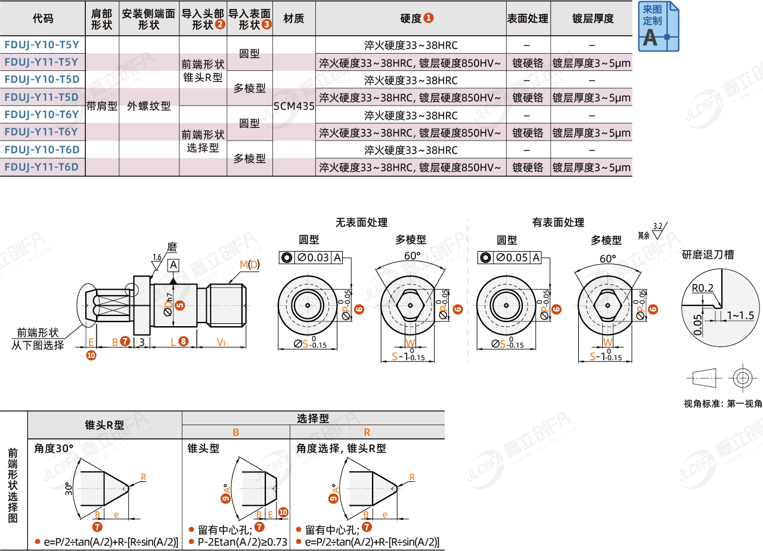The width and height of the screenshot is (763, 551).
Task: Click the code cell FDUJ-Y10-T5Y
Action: point(42,45)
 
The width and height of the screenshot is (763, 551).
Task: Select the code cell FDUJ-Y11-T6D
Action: point(42,167)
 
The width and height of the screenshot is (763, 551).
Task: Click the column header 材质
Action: point(294,18)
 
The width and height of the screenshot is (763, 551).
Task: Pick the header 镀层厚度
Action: point(592,18)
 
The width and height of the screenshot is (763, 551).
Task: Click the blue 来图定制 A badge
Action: point(658,26)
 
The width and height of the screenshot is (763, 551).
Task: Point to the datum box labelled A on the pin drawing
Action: point(173,265)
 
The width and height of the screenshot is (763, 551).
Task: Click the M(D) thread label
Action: point(249,265)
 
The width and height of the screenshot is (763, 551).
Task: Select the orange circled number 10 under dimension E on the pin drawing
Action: point(91,355)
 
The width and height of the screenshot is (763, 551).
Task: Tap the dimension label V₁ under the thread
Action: point(221,342)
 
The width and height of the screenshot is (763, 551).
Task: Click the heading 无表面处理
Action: point(361,222)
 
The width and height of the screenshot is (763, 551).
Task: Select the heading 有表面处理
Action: point(558,222)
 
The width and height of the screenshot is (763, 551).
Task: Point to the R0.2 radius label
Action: point(703,288)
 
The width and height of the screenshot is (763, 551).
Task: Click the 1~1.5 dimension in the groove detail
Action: point(740,315)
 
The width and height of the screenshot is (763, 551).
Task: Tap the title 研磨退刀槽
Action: point(708,255)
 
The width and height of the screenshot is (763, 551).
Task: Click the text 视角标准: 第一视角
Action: point(722,404)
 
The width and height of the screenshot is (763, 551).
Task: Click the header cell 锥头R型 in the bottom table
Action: point(104,425)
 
